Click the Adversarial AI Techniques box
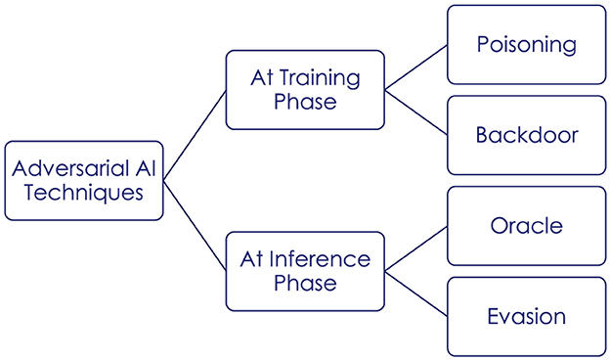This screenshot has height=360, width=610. (x=83, y=180)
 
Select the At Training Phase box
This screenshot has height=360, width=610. (x=305, y=91)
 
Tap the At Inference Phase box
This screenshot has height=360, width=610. (x=305, y=271)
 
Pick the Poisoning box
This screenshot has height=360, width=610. (x=526, y=45)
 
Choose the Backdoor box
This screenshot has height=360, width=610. (x=526, y=135)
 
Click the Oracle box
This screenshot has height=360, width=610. (x=526, y=226)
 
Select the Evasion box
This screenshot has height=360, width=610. (x=526, y=316)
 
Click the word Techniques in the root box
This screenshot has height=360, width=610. (x=83, y=192)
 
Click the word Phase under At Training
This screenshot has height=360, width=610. (x=305, y=103)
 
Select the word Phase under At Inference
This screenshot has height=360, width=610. (x=305, y=284)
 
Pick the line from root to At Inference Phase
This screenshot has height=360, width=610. (x=195, y=225)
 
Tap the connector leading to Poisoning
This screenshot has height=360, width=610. (x=415, y=68)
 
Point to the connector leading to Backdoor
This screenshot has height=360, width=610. (x=415, y=112)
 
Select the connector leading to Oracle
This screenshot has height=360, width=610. (x=415, y=248)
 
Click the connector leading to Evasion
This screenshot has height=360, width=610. (x=415, y=293)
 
